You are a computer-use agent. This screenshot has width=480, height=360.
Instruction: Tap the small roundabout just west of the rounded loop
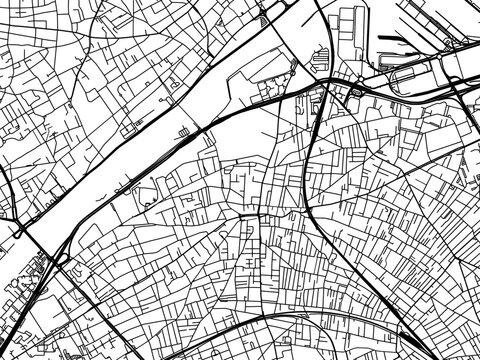pos(356,92)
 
